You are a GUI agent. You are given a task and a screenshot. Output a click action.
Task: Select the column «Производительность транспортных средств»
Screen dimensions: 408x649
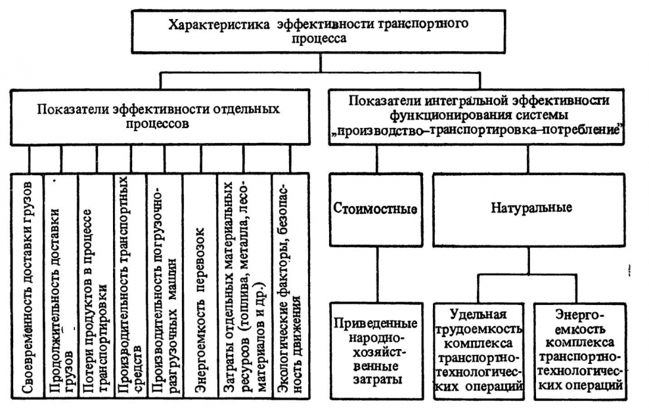pyautogui.click(x=130, y=289)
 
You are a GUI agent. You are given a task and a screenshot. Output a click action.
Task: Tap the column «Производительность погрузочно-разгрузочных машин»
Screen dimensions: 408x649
pyautogui.click(x=164, y=289)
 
